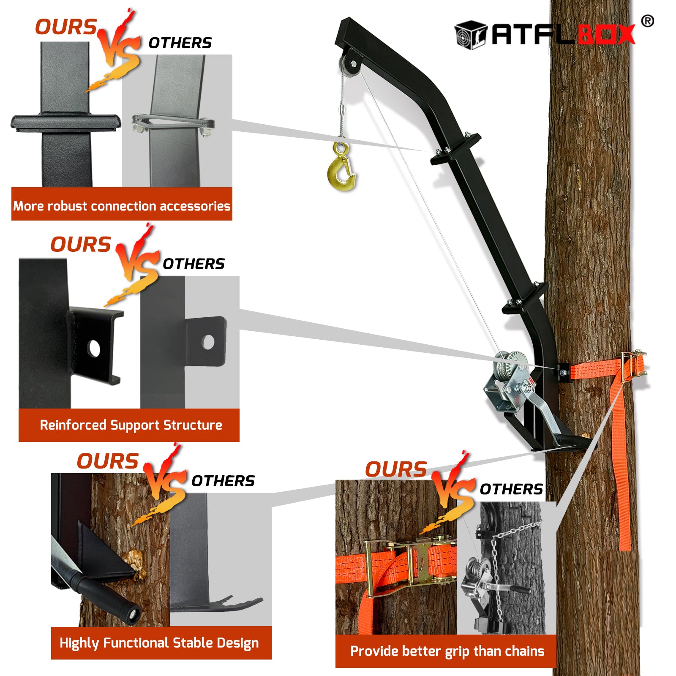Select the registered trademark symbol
[647, 21]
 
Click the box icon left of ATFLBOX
[471, 34]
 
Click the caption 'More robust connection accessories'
[122, 206]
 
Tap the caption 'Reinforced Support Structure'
[131, 425]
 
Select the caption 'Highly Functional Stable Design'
[159, 643]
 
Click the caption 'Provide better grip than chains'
[447, 651]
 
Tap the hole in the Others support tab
[208, 342]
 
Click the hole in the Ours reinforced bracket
[94, 349]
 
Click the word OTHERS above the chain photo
[511, 489]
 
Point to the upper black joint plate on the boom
[456, 149]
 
